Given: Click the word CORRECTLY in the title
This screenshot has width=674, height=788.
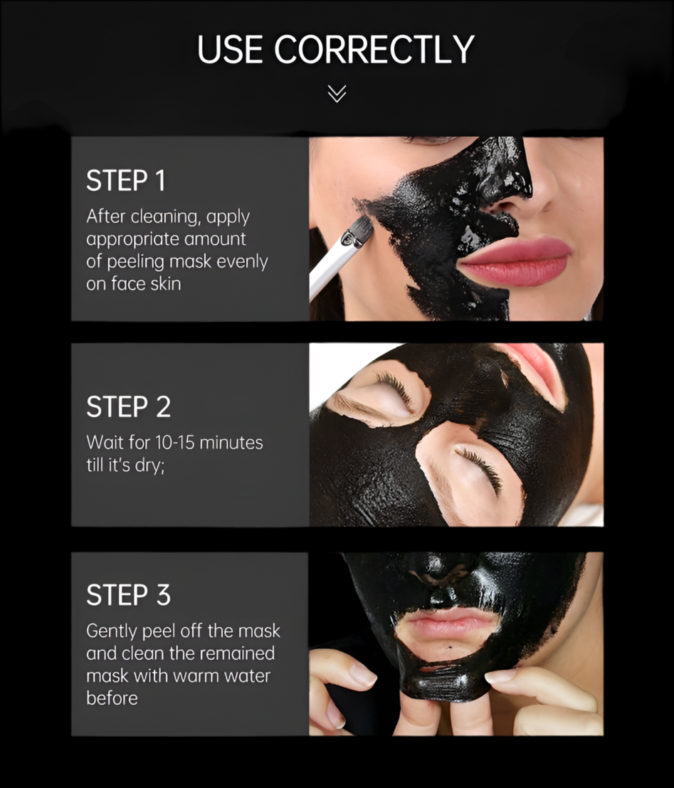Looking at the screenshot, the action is [x=374, y=49].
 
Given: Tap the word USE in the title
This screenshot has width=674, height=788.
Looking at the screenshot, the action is [x=230, y=49].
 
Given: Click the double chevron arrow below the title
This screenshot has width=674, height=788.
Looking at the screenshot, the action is [x=337, y=93].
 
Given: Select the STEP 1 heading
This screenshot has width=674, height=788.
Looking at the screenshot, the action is [x=126, y=181].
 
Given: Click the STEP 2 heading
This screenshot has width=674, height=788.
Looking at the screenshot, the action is [x=128, y=407].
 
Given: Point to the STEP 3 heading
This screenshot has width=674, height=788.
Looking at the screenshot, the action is [x=128, y=595].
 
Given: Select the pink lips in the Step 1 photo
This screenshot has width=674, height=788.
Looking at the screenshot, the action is [x=515, y=261].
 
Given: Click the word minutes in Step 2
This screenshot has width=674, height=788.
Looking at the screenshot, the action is [x=231, y=443].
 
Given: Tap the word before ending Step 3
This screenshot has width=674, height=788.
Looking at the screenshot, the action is [x=112, y=698].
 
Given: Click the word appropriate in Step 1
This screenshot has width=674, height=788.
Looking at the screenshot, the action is [x=132, y=240].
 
